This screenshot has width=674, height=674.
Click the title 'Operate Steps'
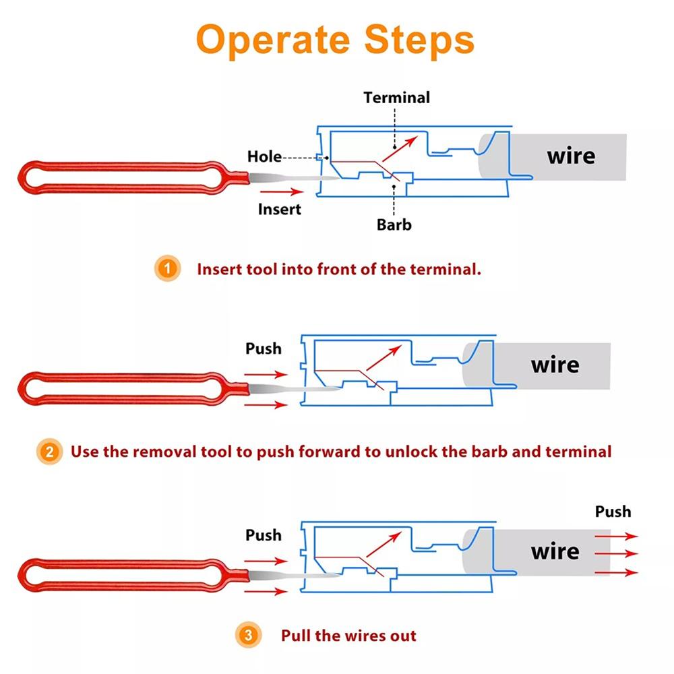(335, 40)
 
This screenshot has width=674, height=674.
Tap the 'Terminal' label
(396, 97)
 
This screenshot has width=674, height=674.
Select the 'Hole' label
(264, 156)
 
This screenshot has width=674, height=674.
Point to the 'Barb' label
(394, 224)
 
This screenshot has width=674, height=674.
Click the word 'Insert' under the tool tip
(280, 209)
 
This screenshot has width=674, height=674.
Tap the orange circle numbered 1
(167, 269)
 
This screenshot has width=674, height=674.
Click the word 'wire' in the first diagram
(571, 156)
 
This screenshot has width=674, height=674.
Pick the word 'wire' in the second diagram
(555, 365)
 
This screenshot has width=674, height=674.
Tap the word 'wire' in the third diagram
(555, 551)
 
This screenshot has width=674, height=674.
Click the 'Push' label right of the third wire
(613, 512)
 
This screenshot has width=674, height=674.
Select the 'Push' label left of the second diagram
(264, 349)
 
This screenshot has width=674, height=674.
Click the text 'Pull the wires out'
(348, 635)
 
